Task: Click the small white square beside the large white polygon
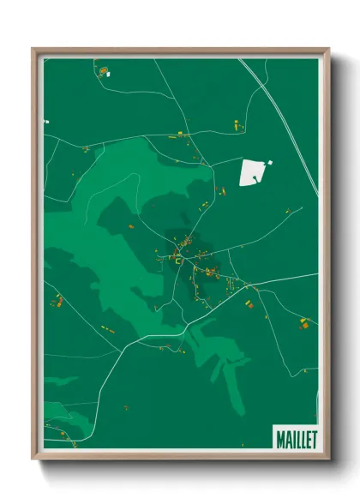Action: point(270,162)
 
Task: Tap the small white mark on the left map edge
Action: point(46,122)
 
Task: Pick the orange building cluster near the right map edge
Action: point(303,323)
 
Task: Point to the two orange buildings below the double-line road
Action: point(235,126)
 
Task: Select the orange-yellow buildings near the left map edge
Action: point(58,300)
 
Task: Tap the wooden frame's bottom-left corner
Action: point(35,455)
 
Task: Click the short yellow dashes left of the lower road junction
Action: point(108,328)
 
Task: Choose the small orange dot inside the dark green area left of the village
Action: point(130,226)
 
